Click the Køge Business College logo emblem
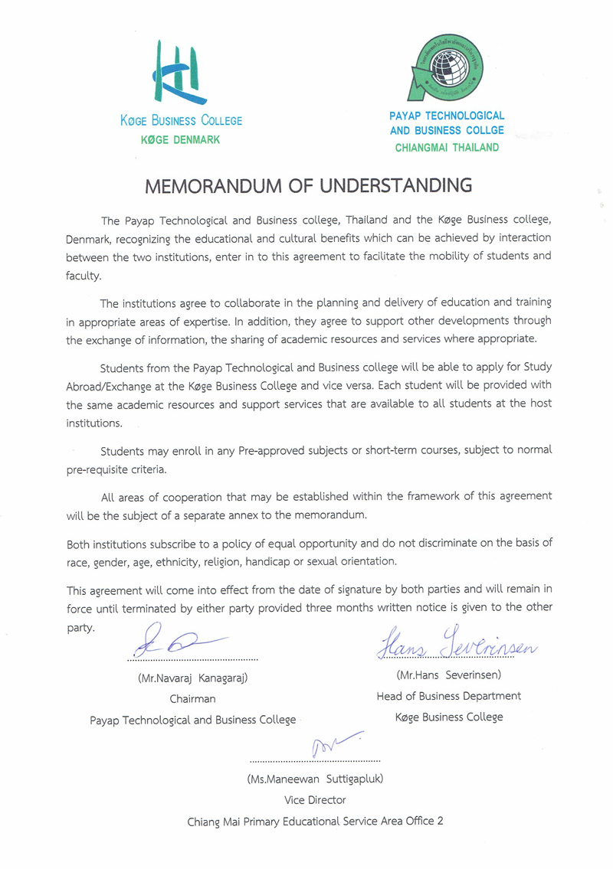(181, 72)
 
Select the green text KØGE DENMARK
(181, 139)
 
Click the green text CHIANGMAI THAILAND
(447, 148)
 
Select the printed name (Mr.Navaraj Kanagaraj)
(193, 678)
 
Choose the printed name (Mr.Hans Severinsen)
(448, 675)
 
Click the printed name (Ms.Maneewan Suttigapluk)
(315, 779)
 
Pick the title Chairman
(192, 698)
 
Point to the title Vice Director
(315, 799)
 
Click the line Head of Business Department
(448, 696)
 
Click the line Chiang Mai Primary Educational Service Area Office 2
(315, 821)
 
